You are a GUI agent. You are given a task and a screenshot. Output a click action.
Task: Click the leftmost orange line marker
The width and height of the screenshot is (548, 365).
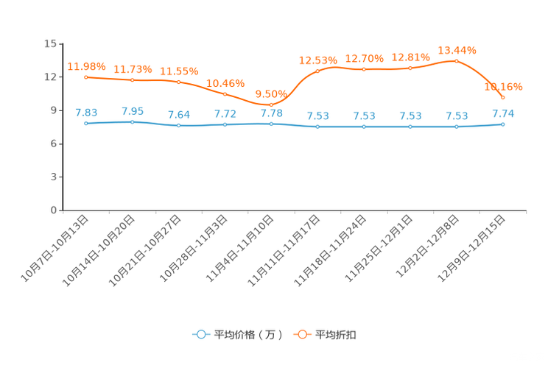(86, 77)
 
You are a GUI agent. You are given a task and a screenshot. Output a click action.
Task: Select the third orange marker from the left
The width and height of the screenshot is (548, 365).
(179, 82)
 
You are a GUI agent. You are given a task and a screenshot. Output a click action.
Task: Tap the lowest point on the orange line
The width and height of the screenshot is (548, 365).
(271, 104)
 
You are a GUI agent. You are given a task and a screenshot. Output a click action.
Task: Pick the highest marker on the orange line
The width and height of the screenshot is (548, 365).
(457, 60)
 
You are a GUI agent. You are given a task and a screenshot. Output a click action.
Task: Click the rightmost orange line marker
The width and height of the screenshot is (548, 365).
(502, 98)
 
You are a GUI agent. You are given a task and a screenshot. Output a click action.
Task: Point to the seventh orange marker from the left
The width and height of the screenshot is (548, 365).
(364, 69)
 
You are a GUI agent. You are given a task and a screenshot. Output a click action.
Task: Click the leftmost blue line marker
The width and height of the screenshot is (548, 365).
(86, 124)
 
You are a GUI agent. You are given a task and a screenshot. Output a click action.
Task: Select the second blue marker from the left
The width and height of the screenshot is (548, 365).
(132, 122)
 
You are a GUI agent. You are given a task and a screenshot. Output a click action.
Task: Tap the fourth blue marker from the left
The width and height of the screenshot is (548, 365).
(225, 125)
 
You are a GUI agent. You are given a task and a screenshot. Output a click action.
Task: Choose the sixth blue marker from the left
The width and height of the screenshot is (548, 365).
(317, 127)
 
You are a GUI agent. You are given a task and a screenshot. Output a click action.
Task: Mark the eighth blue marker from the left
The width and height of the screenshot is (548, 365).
(410, 127)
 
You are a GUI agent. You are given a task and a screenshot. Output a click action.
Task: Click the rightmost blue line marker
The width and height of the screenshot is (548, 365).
(502, 124)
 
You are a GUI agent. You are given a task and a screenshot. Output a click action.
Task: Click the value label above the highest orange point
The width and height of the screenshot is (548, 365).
(457, 49)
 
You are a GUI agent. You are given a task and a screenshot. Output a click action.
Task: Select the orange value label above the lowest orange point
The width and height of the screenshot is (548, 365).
(270, 94)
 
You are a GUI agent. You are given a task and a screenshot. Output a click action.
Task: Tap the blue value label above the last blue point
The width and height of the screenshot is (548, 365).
(502, 113)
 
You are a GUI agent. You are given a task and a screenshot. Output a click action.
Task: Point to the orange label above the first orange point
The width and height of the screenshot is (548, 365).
(86, 66)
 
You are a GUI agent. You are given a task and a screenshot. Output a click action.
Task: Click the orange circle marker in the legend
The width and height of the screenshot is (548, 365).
(302, 334)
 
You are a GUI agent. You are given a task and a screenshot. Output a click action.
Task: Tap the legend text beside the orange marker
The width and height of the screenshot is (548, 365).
(336, 335)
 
